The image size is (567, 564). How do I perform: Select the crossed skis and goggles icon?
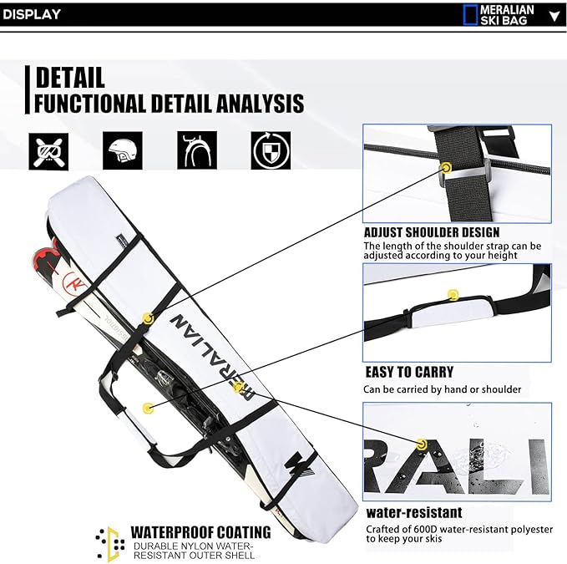coord(49,150)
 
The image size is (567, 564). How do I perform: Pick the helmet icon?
coord(123,150)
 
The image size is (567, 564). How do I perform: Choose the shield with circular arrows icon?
coord(271,150)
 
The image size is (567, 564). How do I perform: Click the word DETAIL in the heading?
coord(70,78)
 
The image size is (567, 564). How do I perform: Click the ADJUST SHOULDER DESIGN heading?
coord(431,231)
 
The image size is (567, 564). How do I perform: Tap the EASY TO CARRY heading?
coord(409,372)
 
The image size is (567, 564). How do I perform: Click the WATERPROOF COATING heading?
coord(200,532)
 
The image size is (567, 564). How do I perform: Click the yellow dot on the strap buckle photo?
coord(446,167)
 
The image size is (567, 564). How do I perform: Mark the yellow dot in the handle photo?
coord(453,294)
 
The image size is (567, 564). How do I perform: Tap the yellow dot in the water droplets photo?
coord(422,442)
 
